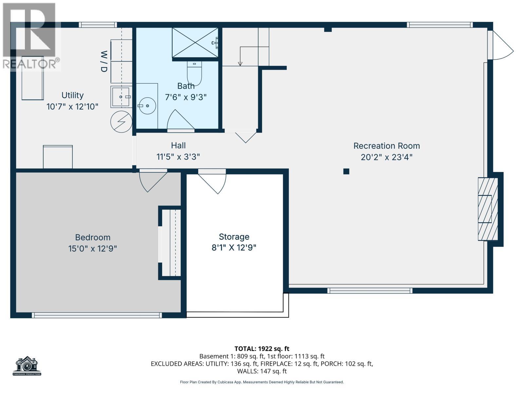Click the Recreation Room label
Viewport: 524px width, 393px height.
(386, 146)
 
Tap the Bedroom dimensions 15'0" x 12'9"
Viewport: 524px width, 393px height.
(92, 249)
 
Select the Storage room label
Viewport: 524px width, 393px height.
(234, 237)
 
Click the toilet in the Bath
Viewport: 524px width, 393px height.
(195, 73)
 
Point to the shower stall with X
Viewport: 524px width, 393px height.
(195, 43)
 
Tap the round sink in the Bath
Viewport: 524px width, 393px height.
(147, 106)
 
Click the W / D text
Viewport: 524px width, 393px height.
(104, 61)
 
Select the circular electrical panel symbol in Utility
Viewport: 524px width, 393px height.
(121, 122)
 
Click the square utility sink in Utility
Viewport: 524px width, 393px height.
(121, 97)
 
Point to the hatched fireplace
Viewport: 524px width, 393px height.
(488, 209)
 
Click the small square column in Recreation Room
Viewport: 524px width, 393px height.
(346, 171)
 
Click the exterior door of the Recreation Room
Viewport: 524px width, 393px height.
(500, 46)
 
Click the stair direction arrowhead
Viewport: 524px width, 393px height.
(240, 64)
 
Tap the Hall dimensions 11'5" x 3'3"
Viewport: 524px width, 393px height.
(178, 157)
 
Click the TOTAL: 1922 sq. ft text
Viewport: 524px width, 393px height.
(262, 349)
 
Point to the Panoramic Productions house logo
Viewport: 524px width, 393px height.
(27, 365)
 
